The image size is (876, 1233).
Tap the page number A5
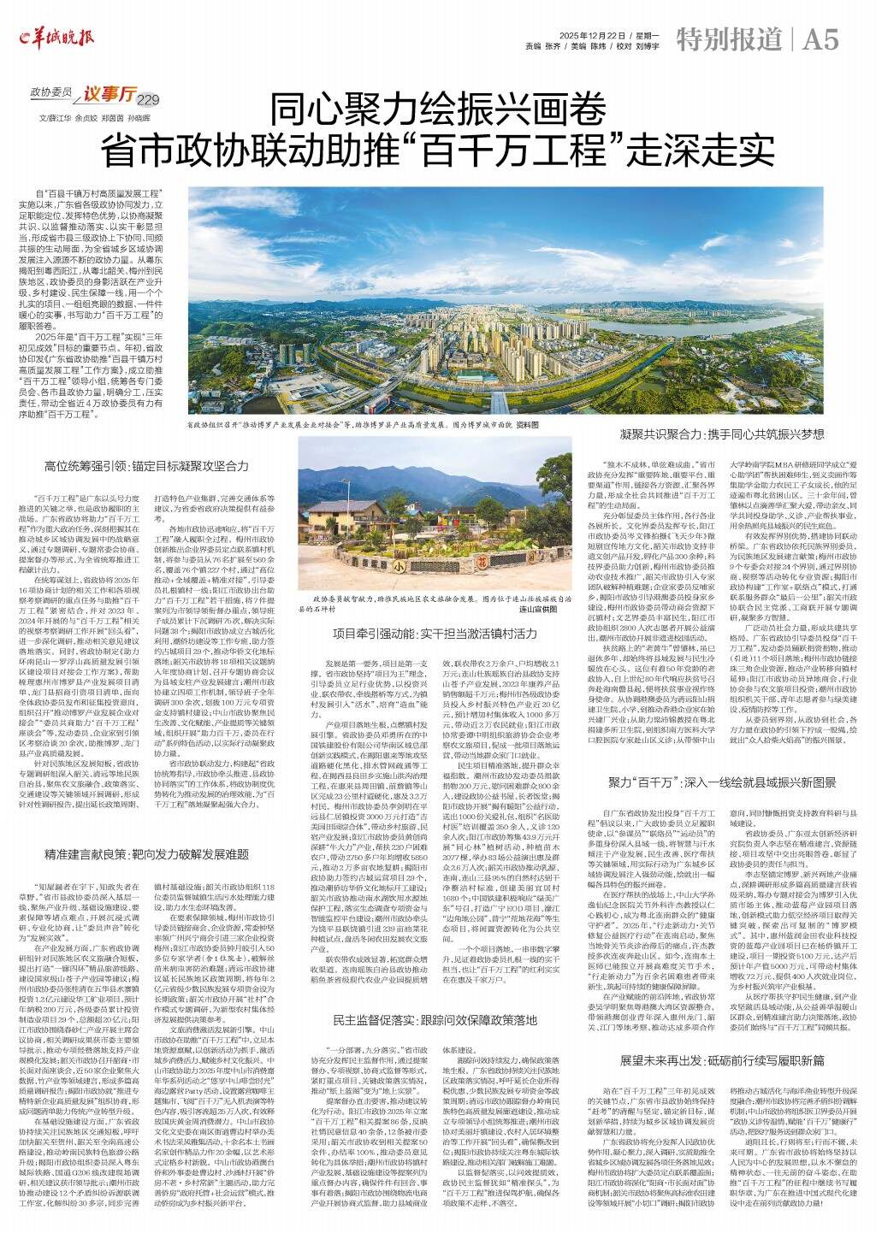[x=820, y=39]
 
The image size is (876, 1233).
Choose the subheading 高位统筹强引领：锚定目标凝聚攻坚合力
[x=146, y=467]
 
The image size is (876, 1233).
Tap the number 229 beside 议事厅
[x=149, y=99]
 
